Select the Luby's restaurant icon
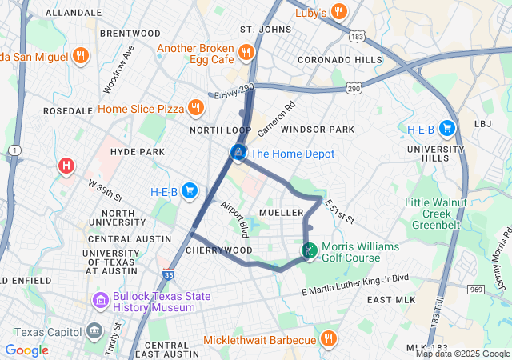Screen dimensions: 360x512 339,11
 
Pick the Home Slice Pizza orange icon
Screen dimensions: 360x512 195,108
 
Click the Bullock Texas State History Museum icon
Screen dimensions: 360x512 101,302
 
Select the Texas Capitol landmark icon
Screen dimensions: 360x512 94,331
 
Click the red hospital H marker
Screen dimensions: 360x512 66,166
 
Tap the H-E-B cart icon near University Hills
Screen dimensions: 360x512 446,128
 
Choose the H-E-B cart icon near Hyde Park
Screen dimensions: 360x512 190,190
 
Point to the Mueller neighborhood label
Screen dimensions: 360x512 280,213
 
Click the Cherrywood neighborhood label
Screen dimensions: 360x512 219,250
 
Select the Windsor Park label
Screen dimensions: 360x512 318,130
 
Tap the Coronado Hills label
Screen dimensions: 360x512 340,60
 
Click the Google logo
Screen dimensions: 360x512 26,350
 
